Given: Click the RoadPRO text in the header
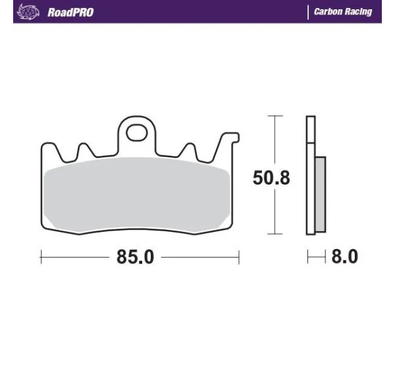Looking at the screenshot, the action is click(x=70, y=13).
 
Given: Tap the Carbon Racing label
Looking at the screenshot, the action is click(x=343, y=12).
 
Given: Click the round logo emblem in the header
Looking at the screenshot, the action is click(x=28, y=12).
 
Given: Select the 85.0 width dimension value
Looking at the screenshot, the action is click(x=135, y=257).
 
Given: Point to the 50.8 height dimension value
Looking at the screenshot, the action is click(x=271, y=178).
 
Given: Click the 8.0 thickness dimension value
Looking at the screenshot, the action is click(x=344, y=256).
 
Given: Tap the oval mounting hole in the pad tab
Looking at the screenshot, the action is click(x=137, y=132).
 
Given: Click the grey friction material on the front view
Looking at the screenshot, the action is click(x=136, y=194).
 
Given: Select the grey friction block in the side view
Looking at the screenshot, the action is click(x=321, y=194).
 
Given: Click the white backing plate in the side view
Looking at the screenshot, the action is click(x=311, y=175).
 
